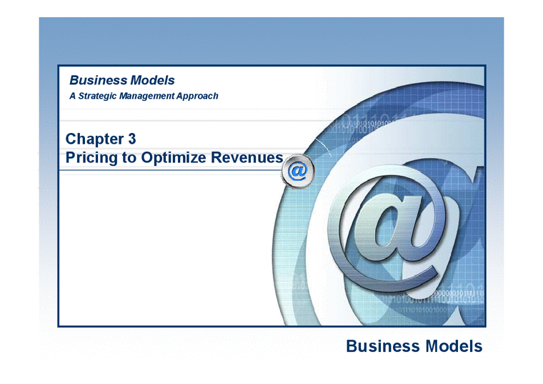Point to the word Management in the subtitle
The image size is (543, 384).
coord(154,95)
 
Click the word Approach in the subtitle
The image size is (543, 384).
coord(201,95)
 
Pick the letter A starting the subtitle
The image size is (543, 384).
coord(72,95)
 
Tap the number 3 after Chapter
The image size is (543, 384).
coord(132,139)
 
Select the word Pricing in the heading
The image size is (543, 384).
coord(91,157)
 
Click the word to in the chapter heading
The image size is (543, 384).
coord(129,157)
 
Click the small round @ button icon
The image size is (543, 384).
coord(297,172)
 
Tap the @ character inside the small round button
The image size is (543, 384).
coord(297,172)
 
